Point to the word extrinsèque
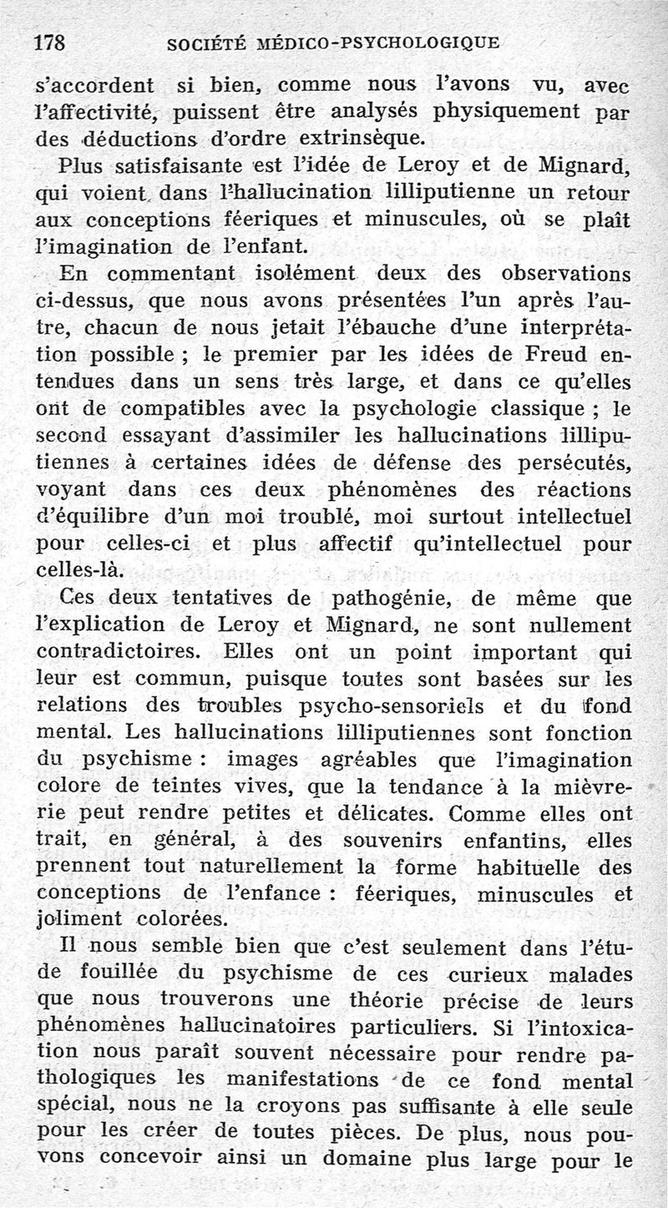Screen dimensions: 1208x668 (x=345, y=137)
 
